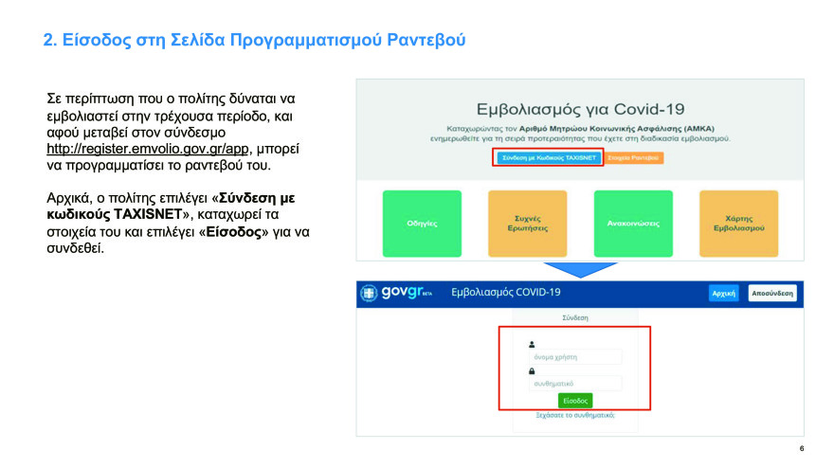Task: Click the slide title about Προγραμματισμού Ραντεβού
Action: pyautogui.click(x=255, y=41)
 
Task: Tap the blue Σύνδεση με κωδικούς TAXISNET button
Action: pyautogui.click(x=549, y=157)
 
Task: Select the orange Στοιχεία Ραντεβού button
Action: pyautogui.click(x=633, y=157)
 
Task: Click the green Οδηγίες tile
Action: pyautogui.click(x=422, y=224)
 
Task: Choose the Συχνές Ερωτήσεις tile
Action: pyautogui.click(x=527, y=224)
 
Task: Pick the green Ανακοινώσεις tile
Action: pyautogui.click(x=633, y=224)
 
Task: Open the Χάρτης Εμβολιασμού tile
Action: pyautogui.click(x=738, y=224)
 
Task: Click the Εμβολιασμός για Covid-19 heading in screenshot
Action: pyautogui.click(x=580, y=109)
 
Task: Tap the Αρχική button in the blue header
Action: pyautogui.click(x=724, y=294)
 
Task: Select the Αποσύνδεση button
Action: pyautogui.click(x=771, y=294)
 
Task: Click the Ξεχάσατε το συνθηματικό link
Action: pyautogui.click(x=575, y=415)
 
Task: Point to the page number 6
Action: pyautogui.click(x=802, y=449)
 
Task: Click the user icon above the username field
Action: pyautogui.click(x=532, y=345)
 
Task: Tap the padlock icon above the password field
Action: pyautogui.click(x=532, y=371)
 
